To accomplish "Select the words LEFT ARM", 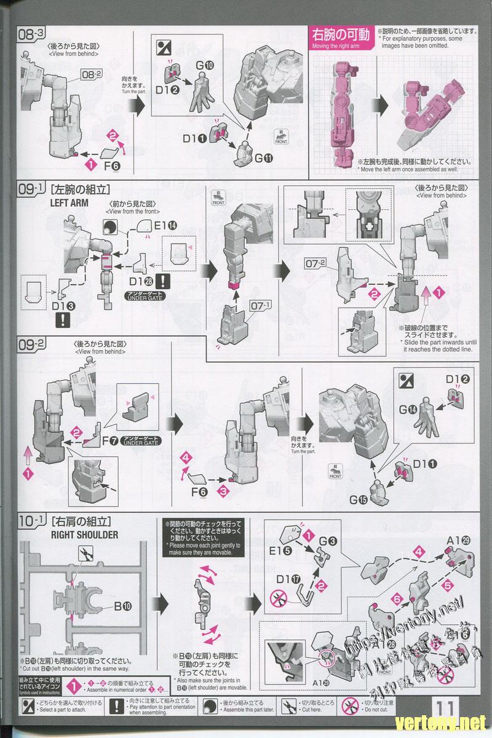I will pos(69,202).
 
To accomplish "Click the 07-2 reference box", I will pos(314,264).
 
